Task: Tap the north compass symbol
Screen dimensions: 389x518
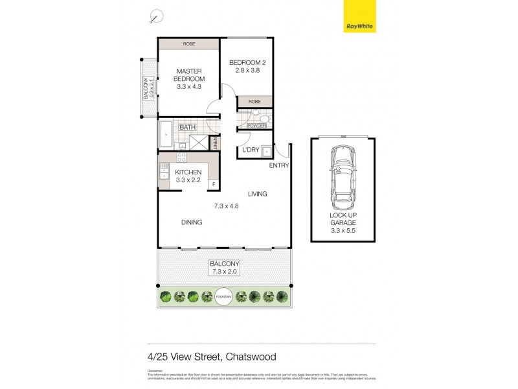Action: [x=155, y=17]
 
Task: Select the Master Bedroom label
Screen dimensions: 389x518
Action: [x=190, y=78]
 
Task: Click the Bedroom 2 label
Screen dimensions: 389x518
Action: [x=248, y=67]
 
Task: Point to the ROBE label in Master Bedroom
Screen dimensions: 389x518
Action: [x=188, y=44]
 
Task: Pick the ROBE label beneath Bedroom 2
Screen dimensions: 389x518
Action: [x=254, y=102]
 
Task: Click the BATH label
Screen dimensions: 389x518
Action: [x=188, y=127]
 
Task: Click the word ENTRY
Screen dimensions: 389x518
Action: [x=279, y=165]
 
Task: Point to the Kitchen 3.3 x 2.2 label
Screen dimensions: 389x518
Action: [x=189, y=176]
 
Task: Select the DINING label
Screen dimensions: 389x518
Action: [x=192, y=222]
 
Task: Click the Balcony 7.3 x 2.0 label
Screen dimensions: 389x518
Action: [x=224, y=268]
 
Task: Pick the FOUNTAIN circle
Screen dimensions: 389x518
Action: [x=223, y=296]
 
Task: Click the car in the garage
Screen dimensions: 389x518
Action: [x=343, y=173]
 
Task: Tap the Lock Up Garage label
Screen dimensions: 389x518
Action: [x=343, y=222]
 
